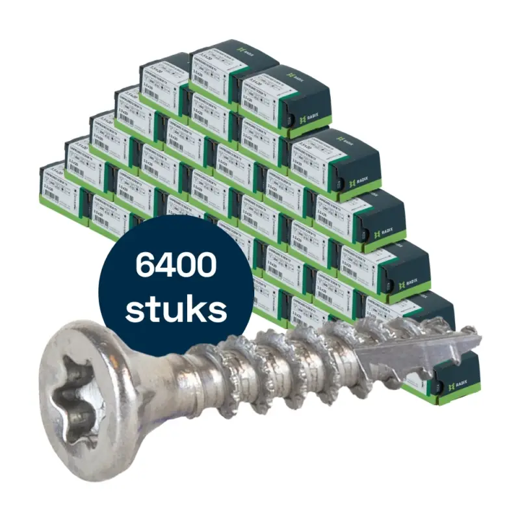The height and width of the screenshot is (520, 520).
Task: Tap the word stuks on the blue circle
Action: (x=176, y=311)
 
